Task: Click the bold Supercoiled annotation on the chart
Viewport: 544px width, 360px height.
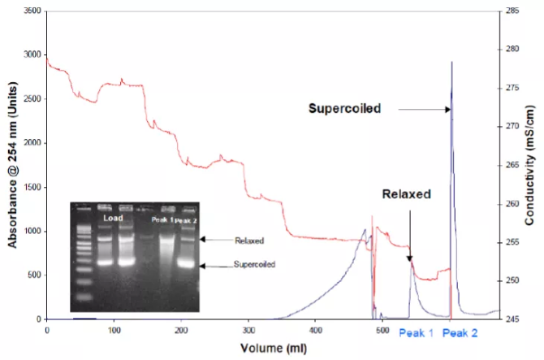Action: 344,107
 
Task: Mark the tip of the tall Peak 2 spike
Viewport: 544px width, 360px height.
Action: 451,63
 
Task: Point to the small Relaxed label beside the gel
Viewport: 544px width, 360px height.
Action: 249,241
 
